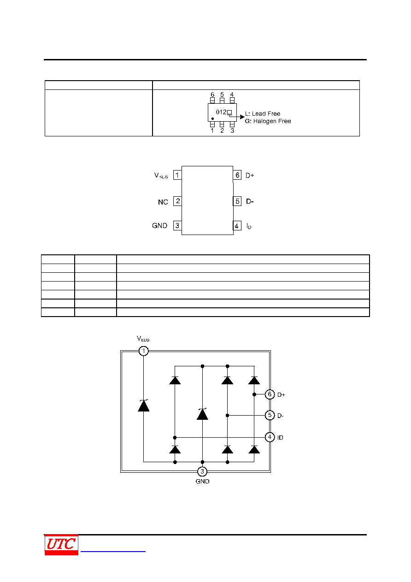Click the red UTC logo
61,544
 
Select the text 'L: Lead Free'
263,113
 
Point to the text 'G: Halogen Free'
268,121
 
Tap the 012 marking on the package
221,112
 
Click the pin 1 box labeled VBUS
177,175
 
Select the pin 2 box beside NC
177,201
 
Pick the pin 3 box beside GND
177,225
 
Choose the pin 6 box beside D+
237,175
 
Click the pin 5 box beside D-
237,201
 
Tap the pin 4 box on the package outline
237,226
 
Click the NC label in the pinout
163,202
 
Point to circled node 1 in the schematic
144,351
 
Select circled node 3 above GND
202,471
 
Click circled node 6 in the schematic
270,394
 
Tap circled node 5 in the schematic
270,415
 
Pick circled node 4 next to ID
270,437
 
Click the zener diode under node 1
144,406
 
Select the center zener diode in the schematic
202,414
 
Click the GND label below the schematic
202,482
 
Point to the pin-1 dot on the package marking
212,119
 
